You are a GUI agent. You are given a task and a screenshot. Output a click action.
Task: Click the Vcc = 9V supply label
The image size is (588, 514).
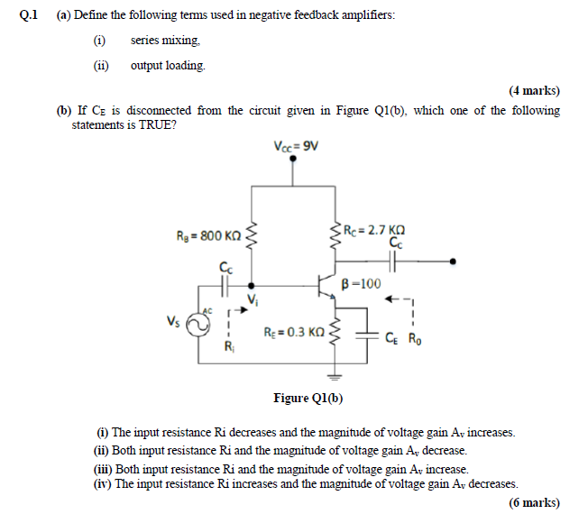(x=294, y=147)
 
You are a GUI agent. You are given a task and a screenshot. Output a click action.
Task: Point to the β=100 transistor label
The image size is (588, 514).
(x=362, y=283)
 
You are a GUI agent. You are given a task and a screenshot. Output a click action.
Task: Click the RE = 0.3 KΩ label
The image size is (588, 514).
(x=293, y=333)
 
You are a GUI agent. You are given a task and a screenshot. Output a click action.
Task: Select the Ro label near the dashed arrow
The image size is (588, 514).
(x=414, y=340)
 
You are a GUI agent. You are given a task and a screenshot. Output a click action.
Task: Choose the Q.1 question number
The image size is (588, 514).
(x=32, y=16)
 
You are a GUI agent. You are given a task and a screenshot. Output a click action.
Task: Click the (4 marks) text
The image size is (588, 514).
(x=534, y=90)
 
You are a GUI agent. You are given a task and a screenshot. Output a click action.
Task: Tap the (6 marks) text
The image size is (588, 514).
(x=534, y=501)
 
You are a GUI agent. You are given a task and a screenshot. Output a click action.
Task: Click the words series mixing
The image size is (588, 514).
(x=165, y=41)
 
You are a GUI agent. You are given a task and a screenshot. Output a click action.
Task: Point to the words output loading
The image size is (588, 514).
(x=168, y=66)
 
